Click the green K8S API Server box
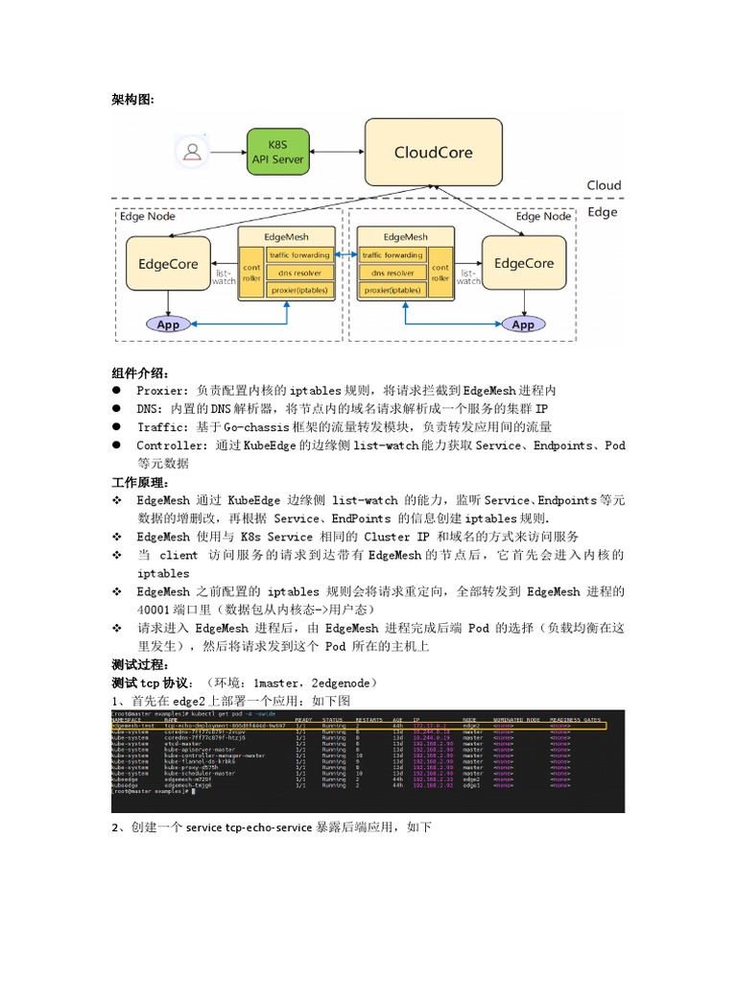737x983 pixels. coord(277,153)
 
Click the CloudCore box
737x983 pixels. coord(433,153)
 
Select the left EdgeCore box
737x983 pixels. coord(168,264)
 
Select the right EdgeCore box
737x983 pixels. coord(523,263)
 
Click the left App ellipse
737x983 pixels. coord(168,324)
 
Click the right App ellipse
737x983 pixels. coord(523,324)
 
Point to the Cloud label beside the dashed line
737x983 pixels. coord(604,185)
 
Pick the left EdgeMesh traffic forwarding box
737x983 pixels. coord(299,255)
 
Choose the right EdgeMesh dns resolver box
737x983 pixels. coord(392,272)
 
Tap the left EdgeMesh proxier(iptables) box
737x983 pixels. coord(299,289)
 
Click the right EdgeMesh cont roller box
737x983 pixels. coord(440,273)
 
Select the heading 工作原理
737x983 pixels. coord(140,482)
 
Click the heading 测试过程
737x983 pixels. coord(140,664)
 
